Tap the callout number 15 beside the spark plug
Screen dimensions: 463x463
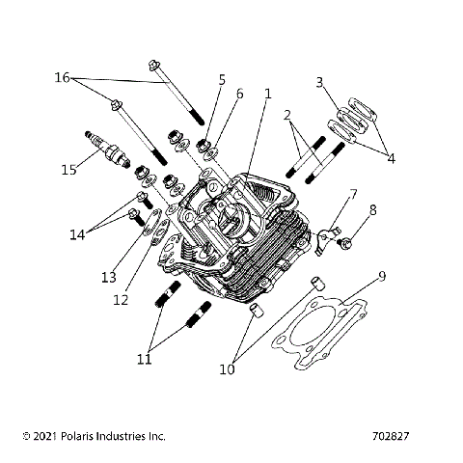pyautogui.click(x=68, y=171)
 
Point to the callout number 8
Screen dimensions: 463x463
pyautogui.click(x=373, y=209)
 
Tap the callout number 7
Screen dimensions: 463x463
pyautogui.click(x=353, y=195)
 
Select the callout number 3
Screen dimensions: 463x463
pyautogui.click(x=319, y=82)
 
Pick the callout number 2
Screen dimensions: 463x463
pyautogui.click(x=287, y=116)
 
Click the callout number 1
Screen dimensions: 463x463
pyautogui.click(x=267, y=95)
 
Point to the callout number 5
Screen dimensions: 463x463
pyautogui.click(x=221, y=79)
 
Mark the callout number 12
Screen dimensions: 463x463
pyautogui.click(x=121, y=300)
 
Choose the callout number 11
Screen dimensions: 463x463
pyautogui.click(x=143, y=359)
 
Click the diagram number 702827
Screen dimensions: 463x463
pyautogui.click(x=390, y=436)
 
